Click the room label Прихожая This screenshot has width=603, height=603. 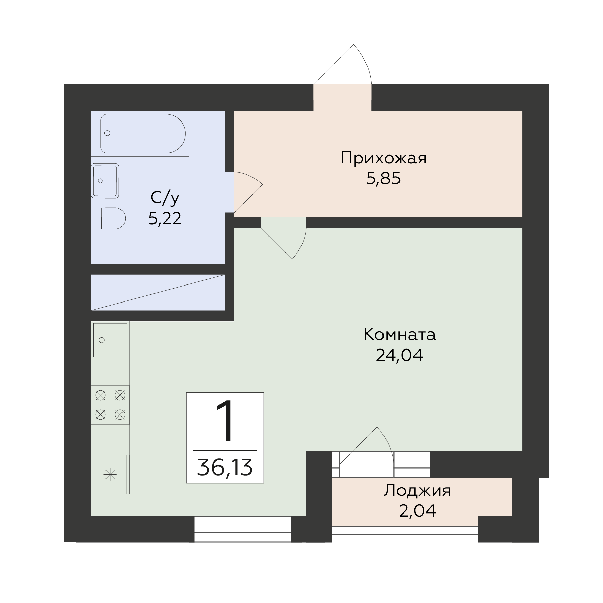pyautogui.click(x=383, y=159)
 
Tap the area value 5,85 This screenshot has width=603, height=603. pyautogui.click(x=384, y=178)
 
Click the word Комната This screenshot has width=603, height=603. pyautogui.click(x=400, y=335)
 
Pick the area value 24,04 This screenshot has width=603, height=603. pyautogui.click(x=400, y=356)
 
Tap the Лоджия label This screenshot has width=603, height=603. pyautogui.click(x=417, y=491)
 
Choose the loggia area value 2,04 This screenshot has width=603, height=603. pyautogui.click(x=417, y=511)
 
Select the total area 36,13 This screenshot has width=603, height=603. pyautogui.click(x=225, y=468)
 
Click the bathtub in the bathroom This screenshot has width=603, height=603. pyautogui.click(x=143, y=133)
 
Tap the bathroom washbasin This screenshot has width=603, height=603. pyautogui.click(x=105, y=181)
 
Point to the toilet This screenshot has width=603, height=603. pyautogui.click(x=108, y=218)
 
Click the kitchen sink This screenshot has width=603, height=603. pyautogui.click(x=110, y=340)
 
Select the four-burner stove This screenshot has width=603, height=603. pyautogui.click(x=110, y=405)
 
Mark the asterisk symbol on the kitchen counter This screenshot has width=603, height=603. pyautogui.click(x=110, y=475)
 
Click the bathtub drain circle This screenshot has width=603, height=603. pyautogui.click(x=108, y=133)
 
